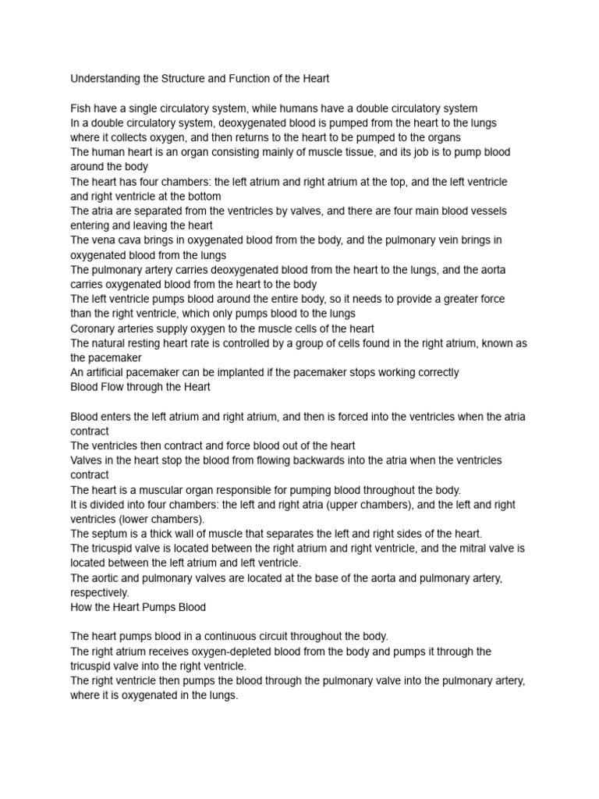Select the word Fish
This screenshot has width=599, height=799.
pos(82,108)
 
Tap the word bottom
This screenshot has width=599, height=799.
pos(200,196)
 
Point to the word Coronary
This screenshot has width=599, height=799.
pos(96,328)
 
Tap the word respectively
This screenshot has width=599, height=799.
pos(100,592)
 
